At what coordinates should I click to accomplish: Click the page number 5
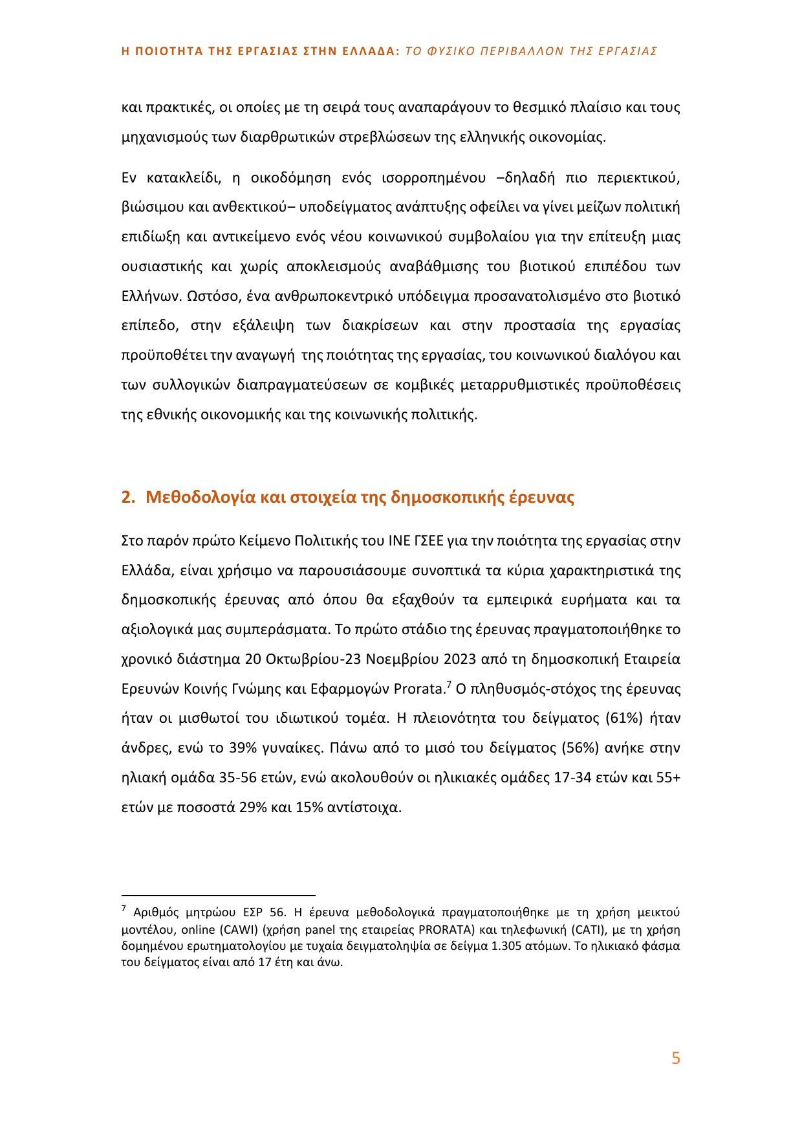coord(676,1059)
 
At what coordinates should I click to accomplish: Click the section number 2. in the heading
coord(128,498)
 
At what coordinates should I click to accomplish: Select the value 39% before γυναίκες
coord(244,748)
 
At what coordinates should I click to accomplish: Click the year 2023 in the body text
coord(462,659)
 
